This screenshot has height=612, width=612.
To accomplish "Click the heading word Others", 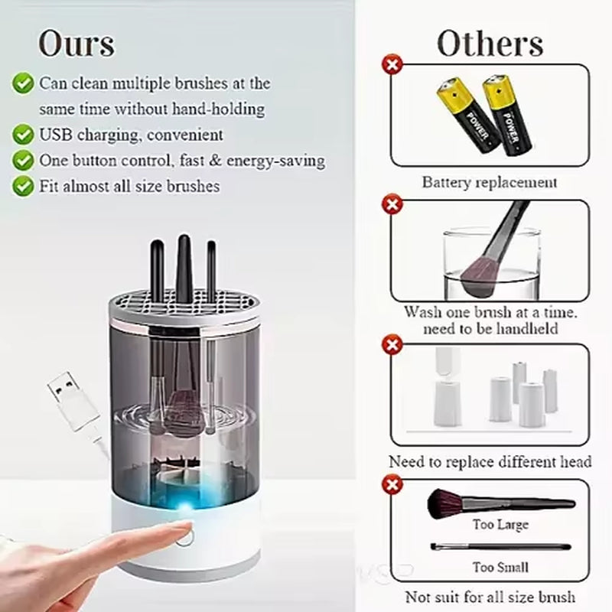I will coord(490,43).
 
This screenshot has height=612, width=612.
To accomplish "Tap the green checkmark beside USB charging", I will coord(24,135).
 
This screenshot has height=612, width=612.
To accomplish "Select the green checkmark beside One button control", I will coord(24,161).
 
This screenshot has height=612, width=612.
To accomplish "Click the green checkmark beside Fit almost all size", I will coord(24,186).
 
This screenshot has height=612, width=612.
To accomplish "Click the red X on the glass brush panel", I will coord(393,203).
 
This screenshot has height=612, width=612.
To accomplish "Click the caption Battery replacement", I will coord(490,182).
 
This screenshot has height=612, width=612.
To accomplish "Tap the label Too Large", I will coord(500,526).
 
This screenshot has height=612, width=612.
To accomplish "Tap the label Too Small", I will coord(500,567).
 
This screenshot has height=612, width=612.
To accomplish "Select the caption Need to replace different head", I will coord(490,462).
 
